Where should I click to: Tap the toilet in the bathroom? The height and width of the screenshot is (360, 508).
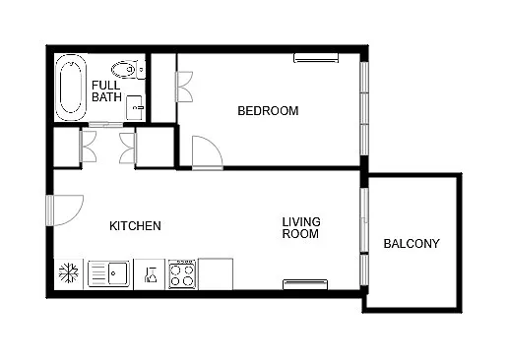(126, 69)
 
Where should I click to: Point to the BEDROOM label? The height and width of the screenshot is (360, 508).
(268, 111)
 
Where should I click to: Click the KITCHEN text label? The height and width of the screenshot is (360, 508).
(135, 226)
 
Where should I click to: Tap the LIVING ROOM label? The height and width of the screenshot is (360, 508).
(301, 228)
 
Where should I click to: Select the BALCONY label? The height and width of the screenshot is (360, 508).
(412, 244)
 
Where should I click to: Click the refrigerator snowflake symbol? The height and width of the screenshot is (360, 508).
(70, 272)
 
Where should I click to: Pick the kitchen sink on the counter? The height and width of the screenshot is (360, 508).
(109, 272)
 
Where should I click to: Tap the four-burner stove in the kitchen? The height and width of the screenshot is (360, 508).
(182, 273)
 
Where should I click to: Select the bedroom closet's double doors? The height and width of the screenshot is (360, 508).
(184, 85)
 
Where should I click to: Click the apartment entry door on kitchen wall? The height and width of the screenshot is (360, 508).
(66, 211)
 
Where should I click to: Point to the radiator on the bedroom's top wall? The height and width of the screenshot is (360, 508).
(316, 58)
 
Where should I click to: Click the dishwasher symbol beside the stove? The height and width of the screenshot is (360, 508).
(151, 273)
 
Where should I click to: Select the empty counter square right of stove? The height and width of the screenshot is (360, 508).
(216, 273)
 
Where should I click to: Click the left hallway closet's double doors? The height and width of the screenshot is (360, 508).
(88, 149)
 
